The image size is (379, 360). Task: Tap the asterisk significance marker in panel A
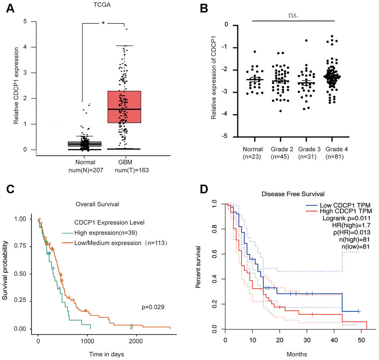point(103,24)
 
